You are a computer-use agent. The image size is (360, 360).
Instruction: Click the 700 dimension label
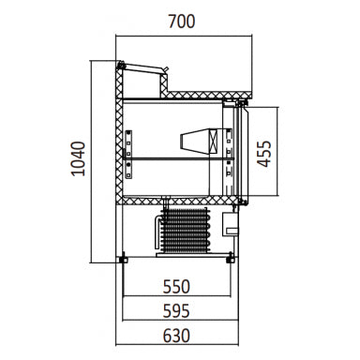coord(182,22)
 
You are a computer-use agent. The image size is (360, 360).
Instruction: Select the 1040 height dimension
coord(78,158)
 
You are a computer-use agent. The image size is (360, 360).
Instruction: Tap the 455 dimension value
coord(264,154)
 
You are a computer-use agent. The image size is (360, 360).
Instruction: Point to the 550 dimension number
coord(176,287)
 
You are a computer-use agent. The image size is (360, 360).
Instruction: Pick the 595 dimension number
coord(176,311)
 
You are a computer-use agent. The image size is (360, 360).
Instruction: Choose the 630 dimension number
coord(176,336)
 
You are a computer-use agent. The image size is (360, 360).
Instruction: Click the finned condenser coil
coord(185,230)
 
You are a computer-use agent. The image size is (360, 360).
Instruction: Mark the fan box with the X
coord(213,141)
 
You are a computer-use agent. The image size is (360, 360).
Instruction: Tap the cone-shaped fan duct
coord(195,141)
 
